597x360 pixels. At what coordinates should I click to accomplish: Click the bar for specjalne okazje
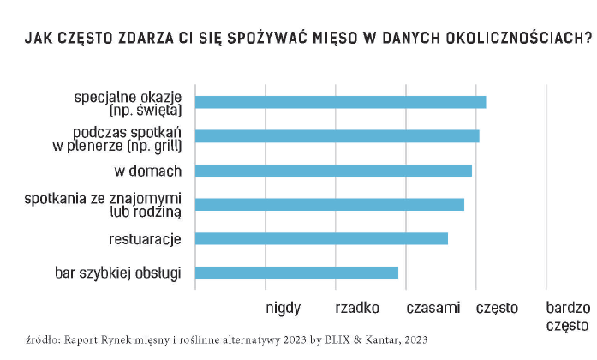[x=340, y=102]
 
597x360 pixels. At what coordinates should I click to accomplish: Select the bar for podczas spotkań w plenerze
[x=337, y=135]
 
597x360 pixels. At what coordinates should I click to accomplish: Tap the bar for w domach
[x=333, y=170]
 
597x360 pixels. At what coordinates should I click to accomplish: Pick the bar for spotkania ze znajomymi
[x=329, y=204]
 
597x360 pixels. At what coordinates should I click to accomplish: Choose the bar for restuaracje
[x=321, y=238]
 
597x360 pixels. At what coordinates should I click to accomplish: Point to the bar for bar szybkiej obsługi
[x=296, y=273]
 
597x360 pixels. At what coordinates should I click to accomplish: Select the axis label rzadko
[x=357, y=307]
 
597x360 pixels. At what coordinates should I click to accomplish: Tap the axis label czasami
[x=433, y=307]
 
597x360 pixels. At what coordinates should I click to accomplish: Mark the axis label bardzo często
[x=568, y=315]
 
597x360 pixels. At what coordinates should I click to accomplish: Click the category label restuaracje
[x=145, y=238]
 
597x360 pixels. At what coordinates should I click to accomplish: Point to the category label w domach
[x=148, y=170]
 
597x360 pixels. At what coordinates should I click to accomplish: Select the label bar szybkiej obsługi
[x=117, y=273]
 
